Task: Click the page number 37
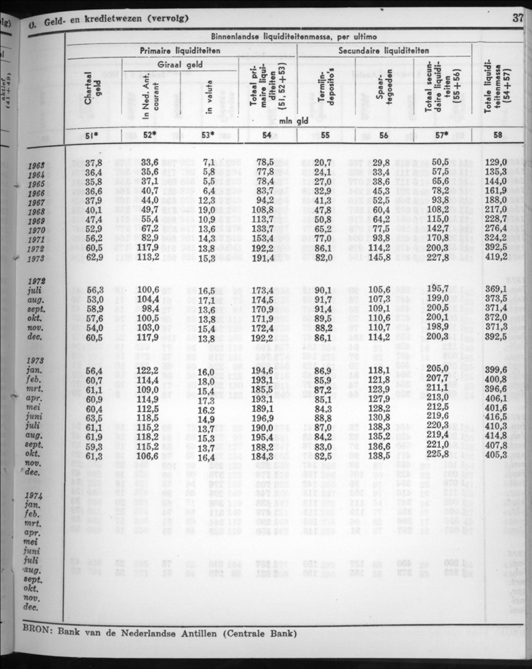518,18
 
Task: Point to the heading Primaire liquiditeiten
180,49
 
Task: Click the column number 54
266,135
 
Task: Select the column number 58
496,135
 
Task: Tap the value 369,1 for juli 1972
496,289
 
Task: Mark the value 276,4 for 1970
496,228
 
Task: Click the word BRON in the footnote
37,631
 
